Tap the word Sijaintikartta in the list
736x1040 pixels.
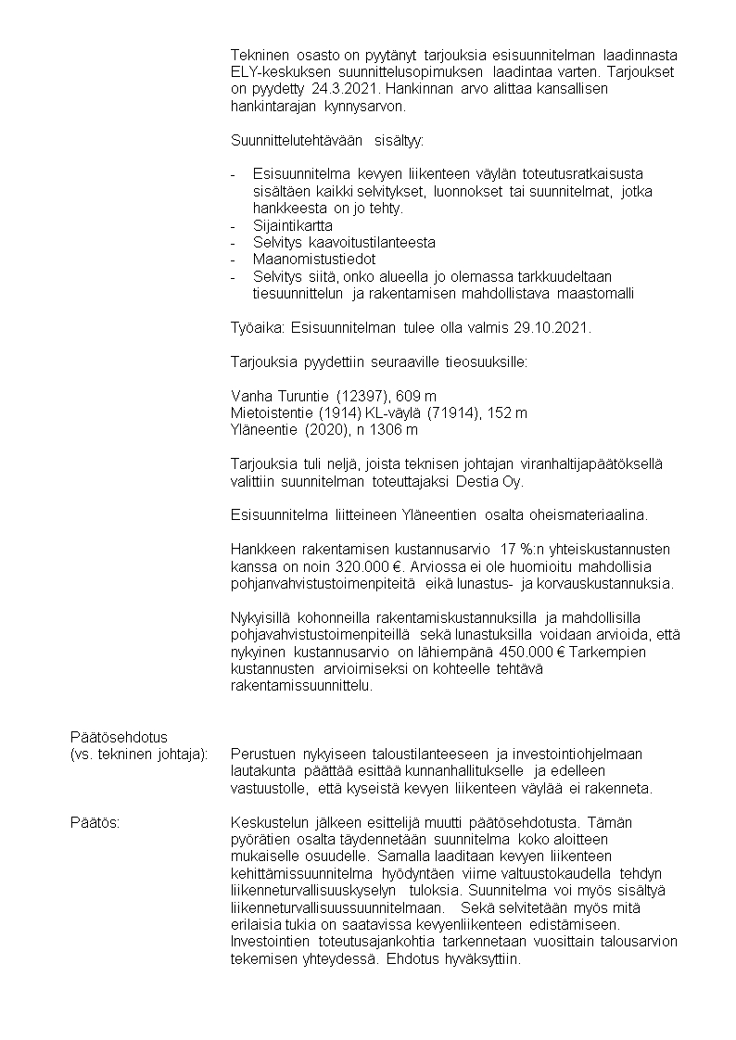[x=293, y=225]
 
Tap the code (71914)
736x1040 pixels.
[x=460, y=413]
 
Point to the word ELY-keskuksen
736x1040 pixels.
[x=273, y=71]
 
